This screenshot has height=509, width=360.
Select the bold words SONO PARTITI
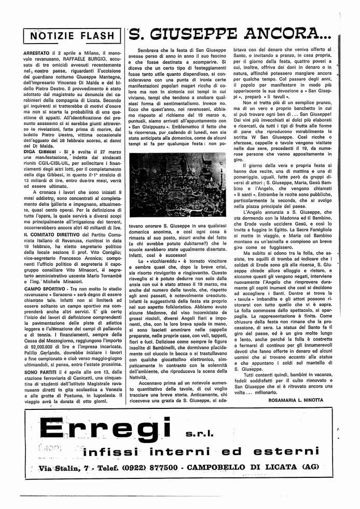tap(43, 371)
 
